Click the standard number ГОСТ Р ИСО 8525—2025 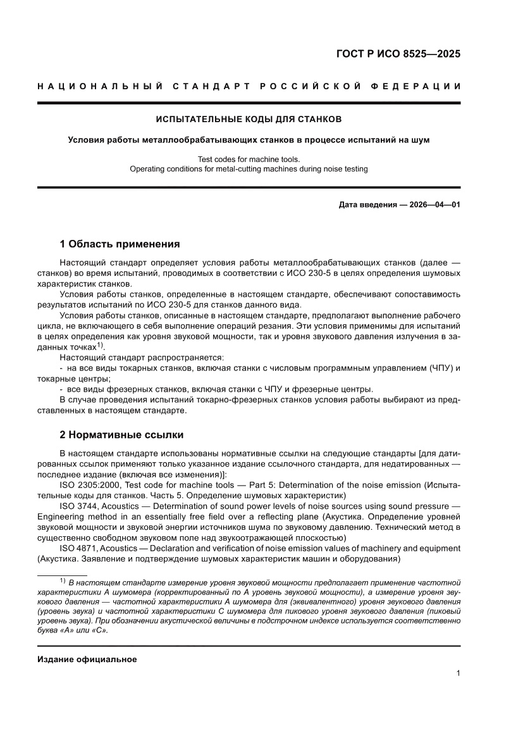point(397,54)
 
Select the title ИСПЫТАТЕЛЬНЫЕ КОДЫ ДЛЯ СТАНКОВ point(249,118)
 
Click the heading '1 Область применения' point(120,244)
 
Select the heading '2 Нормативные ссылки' point(121,435)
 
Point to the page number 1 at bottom point(457,674)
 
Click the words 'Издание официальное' point(87,660)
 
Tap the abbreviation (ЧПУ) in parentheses point(433,368)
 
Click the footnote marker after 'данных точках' point(100,346)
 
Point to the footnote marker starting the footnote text point(63,580)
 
